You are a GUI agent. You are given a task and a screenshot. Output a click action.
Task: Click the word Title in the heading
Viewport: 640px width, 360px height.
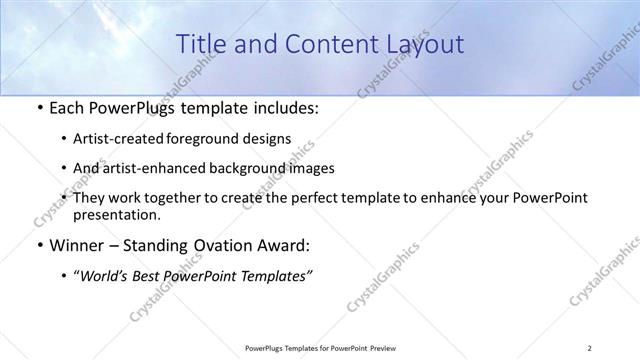[x=200, y=44]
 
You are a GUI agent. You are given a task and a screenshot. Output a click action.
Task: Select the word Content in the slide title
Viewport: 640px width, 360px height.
[x=325, y=44]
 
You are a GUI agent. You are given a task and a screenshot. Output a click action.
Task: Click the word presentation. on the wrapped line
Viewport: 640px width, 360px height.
[x=116, y=214]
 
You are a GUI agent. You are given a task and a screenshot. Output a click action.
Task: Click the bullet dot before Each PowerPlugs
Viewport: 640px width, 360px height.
[x=38, y=108]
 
